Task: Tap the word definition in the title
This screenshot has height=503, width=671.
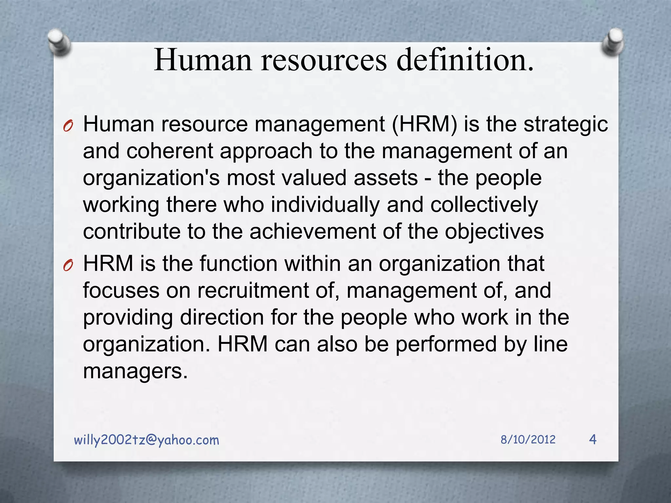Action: [465, 60]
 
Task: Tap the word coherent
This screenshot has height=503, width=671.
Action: [170, 151]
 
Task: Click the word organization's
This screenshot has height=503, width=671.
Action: [151, 178]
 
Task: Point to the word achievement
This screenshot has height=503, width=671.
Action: [313, 232]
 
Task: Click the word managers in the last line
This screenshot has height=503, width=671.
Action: [135, 371]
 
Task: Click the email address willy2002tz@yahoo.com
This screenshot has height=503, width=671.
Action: [146, 440]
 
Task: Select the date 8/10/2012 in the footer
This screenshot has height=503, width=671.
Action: [528, 439]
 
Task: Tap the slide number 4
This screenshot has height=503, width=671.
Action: [593, 439]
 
